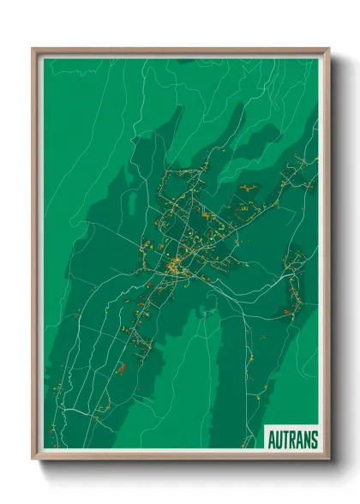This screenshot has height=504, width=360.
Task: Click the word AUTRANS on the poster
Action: [292, 441]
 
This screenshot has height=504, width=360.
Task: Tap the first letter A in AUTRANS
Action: [273, 441]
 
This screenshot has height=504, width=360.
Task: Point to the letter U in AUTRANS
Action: [279, 441]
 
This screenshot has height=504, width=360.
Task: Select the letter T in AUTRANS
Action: [286, 441]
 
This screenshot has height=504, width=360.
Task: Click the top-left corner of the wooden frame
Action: [33, 50]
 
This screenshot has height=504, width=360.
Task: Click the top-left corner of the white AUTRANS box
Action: [265, 426]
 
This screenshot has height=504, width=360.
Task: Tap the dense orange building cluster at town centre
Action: [175, 266]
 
